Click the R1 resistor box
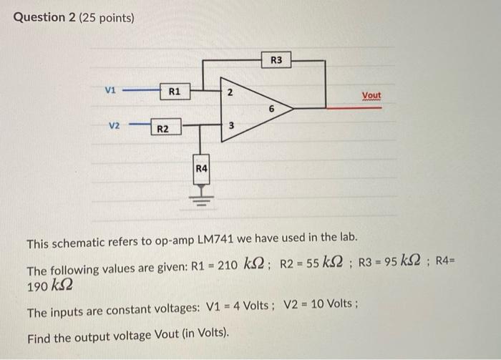point(174,92)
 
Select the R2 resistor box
point(163,129)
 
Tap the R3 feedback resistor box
point(276,60)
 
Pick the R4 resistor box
point(202,168)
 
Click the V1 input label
point(110,91)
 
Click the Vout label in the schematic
point(371,95)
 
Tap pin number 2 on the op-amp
point(229,93)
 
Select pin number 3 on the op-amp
point(230,126)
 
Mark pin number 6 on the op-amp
point(271,109)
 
